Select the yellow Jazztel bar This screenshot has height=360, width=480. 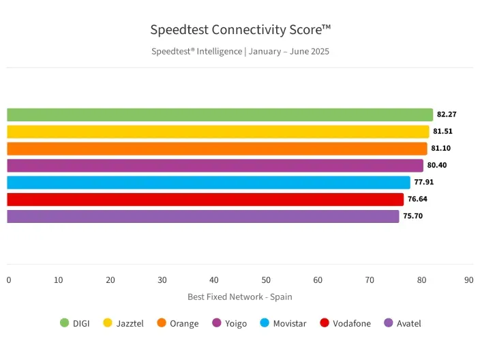(217, 132)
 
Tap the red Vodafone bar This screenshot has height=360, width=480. (205, 199)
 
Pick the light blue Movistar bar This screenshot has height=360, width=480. (208, 182)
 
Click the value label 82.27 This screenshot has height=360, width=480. (447, 115)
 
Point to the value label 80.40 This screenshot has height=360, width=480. (437, 165)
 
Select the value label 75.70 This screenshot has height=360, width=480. (413, 216)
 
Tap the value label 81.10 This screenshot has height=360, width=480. (441, 149)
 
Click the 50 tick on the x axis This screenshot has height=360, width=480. (266, 280)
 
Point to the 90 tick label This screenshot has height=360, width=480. (468, 280)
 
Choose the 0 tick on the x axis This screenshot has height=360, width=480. (9, 280)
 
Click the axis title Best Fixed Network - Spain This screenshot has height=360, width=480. (239, 297)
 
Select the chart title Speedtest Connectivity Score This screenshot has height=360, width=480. (240, 30)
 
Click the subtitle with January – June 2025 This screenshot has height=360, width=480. (240, 51)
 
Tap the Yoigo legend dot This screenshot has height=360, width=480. (217, 323)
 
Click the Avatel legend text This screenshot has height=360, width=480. (408, 324)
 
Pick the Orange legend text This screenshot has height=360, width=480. (184, 324)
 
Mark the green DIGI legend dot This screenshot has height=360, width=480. (65, 323)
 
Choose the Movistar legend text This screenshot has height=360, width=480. (290, 324)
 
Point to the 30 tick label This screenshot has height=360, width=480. (162, 280)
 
